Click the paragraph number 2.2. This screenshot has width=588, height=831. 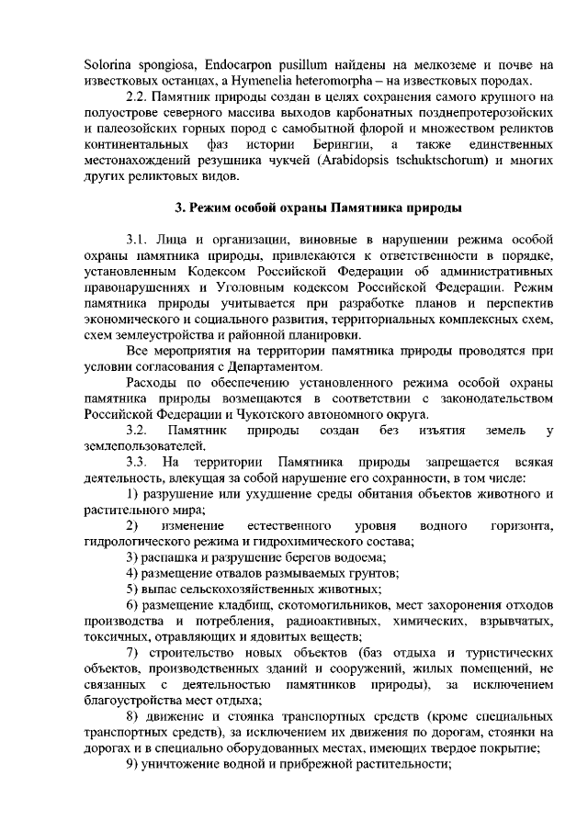(136, 97)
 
